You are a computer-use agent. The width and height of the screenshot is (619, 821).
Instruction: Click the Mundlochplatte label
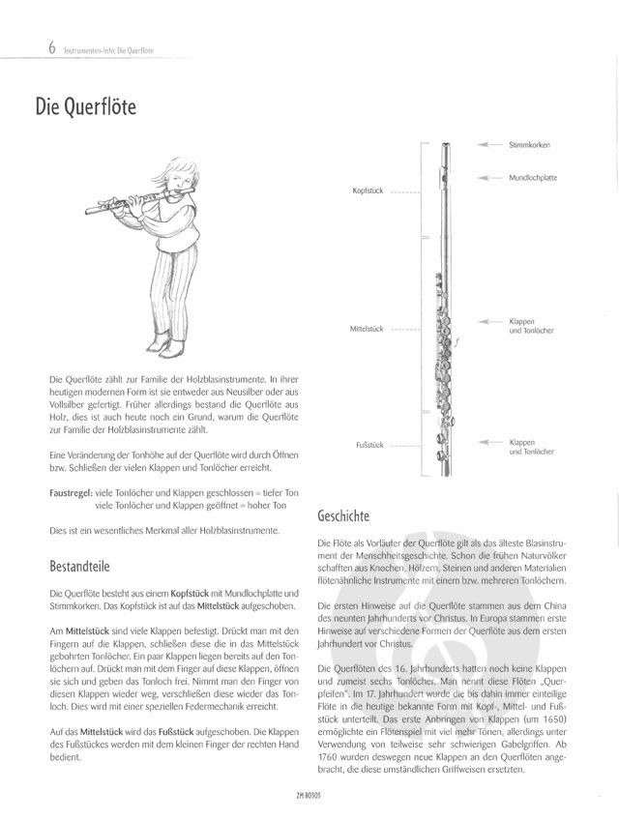point(533,178)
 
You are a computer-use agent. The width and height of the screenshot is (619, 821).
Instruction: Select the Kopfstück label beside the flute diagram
point(368,191)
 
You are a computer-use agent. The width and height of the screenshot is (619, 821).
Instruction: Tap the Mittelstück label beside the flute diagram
point(367,329)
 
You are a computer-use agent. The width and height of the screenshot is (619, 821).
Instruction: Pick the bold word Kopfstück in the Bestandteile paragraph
point(185,591)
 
